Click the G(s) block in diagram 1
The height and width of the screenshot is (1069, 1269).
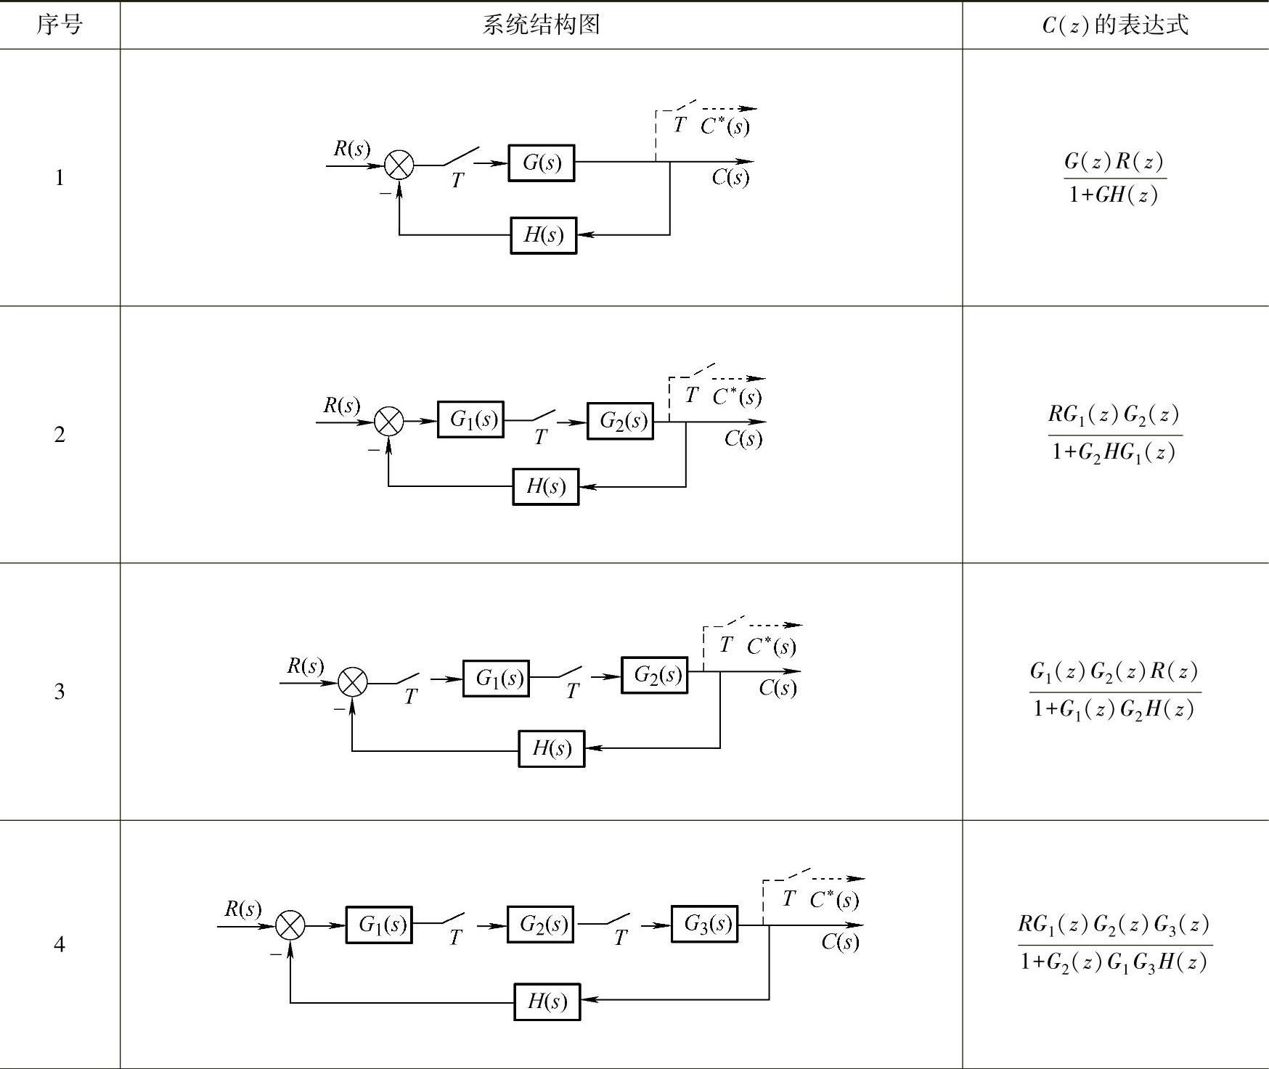[542, 163]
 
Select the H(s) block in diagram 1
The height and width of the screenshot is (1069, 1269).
[544, 235]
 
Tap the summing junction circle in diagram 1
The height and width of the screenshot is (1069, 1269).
[399, 165]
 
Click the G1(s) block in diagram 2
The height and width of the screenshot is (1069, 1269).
[471, 419]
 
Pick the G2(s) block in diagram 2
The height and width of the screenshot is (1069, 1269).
[621, 421]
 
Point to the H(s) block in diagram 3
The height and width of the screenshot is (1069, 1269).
[552, 748]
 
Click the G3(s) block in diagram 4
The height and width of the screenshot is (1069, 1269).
[705, 924]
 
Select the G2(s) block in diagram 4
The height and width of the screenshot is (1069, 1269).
[541, 925]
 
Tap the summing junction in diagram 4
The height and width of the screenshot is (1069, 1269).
[290, 925]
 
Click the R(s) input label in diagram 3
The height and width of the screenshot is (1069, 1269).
[306, 665]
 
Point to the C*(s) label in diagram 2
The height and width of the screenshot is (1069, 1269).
[738, 396]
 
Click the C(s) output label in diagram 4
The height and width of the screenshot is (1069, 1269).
[841, 941]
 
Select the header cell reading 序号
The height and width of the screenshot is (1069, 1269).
[60, 25]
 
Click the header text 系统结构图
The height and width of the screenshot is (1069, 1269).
[542, 25]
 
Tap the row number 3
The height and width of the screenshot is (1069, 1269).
[60, 691]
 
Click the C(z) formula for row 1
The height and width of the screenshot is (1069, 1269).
[1115, 178]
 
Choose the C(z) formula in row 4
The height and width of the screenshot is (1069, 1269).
[1115, 943]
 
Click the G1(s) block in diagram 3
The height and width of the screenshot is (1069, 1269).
[497, 678]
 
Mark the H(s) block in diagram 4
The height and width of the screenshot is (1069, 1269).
[547, 1002]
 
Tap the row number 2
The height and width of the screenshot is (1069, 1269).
[60, 434]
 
